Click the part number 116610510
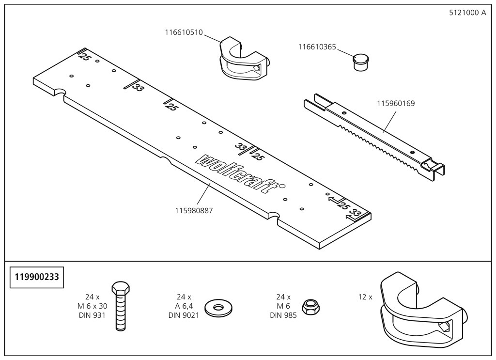tap(184, 32)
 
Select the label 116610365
tap(317, 47)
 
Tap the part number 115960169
tap(396, 103)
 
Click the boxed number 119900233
tap(37, 278)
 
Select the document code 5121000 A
tap(467, 13)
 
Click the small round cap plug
tap(359, 62)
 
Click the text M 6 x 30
tap(92, 306)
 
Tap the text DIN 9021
tap(184, 315)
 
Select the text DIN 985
tap(283, 315)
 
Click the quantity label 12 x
tap(365, 297)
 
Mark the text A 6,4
tap(184, 306)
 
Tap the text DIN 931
tap(92, 315)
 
